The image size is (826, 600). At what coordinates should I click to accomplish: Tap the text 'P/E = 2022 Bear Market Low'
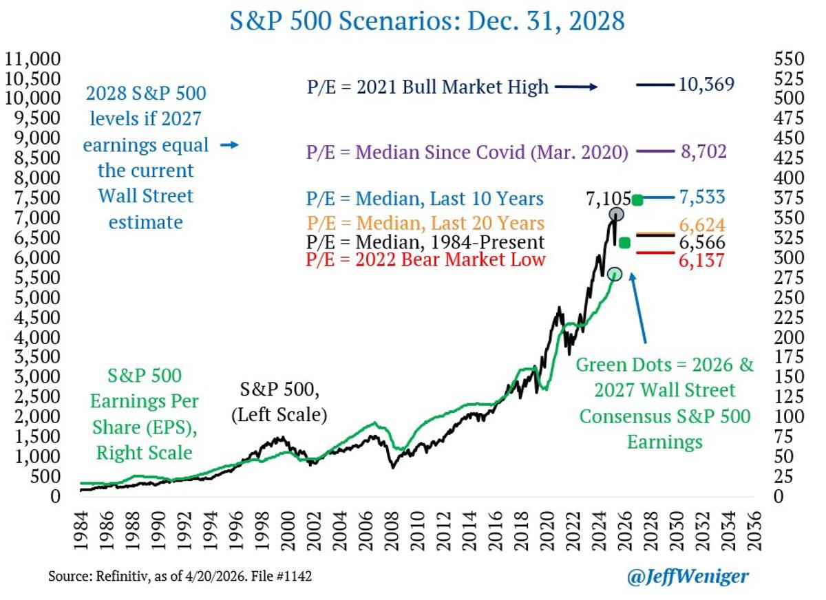[x=426, y=259]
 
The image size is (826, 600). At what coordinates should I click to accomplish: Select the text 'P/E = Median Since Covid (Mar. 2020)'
[x=467, y=152]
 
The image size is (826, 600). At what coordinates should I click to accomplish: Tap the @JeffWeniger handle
[x=688, y=577]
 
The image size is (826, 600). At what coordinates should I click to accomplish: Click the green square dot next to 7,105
[x=637, y=200]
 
